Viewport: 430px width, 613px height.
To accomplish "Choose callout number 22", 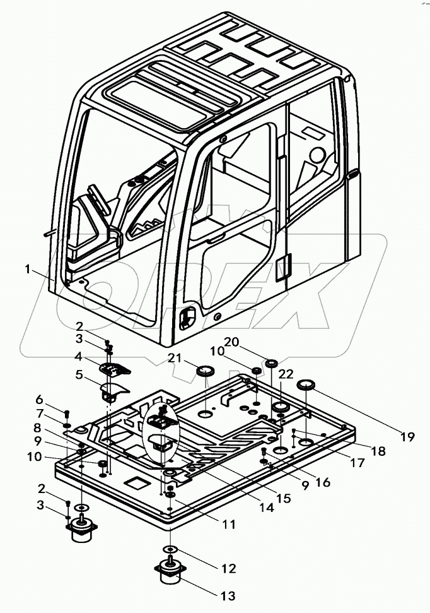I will point(286,374).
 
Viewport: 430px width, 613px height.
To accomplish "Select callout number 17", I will point(357,463).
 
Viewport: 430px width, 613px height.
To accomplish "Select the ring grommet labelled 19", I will point(306,384).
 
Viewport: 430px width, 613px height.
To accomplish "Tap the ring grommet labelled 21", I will point(205,371).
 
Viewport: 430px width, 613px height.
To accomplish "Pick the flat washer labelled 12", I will point(170,548).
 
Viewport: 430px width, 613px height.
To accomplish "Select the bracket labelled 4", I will point(115,366).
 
